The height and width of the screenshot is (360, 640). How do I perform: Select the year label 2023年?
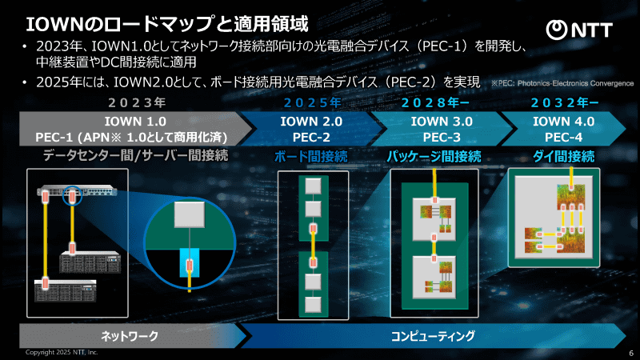(x=138, y=102)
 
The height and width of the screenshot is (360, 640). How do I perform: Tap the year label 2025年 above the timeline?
(x=312, y=102)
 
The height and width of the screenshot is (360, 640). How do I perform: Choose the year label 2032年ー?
(x=564, y=102)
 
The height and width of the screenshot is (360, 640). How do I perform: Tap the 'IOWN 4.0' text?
(x=563, y=122)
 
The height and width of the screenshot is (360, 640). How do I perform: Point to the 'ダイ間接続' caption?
(x=563, y=156)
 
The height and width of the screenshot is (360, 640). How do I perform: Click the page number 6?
(x=630, y=353)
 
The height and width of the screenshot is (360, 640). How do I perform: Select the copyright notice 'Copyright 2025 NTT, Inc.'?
(x=61, y=353)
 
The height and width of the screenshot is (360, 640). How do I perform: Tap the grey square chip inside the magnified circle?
(x=190, y=214)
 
